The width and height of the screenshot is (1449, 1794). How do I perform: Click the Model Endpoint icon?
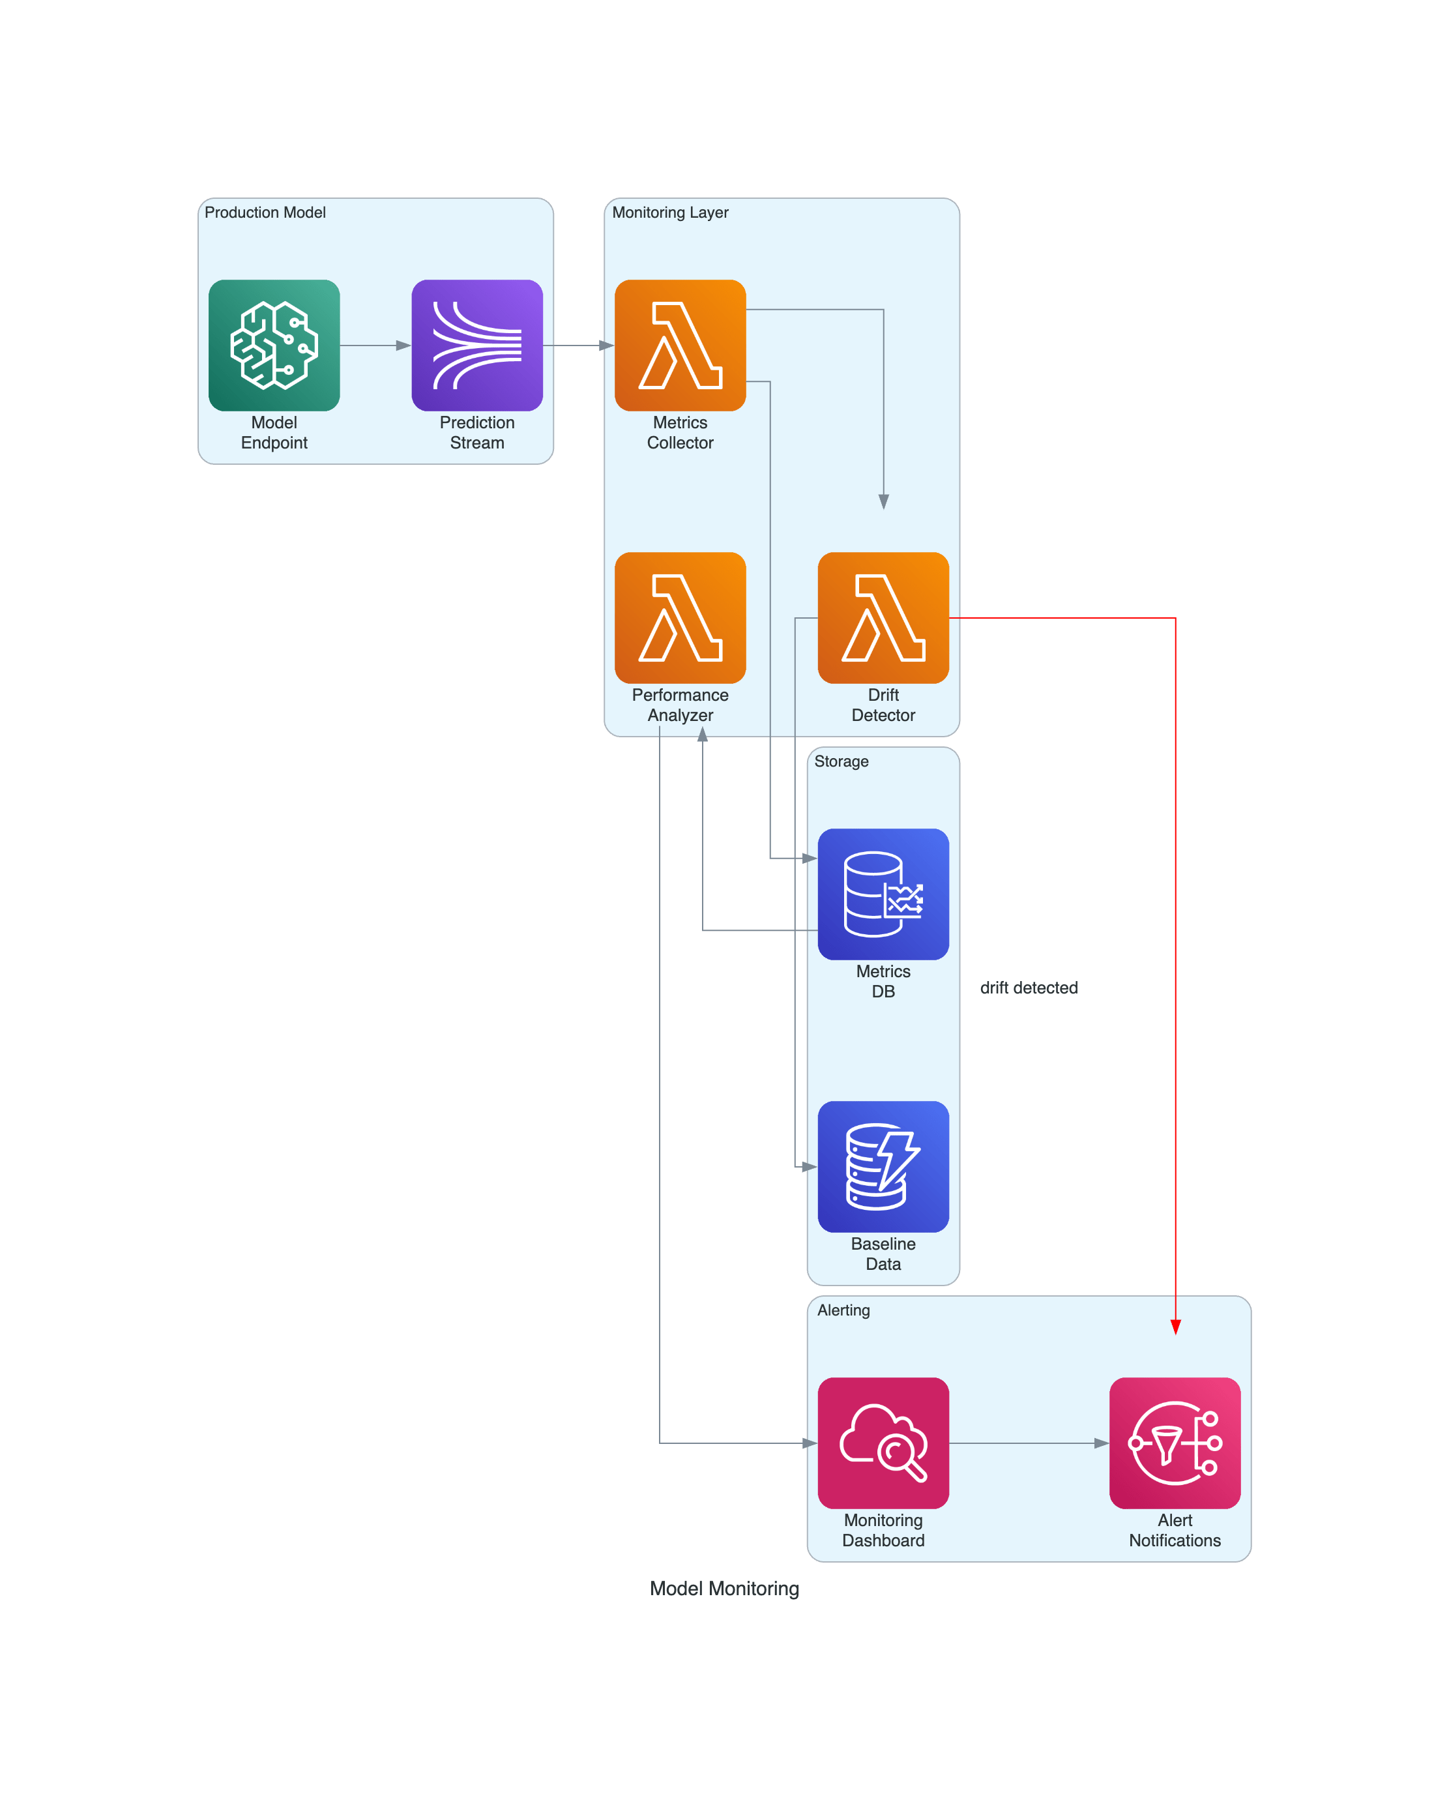click(x=274, y=345)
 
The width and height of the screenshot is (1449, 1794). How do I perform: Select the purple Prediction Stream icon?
click(x=476, y=345)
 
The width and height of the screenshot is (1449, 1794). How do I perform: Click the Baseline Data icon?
click(x=883, y=1166)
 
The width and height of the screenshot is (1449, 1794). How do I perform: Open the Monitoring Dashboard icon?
click(x=883, y=1442)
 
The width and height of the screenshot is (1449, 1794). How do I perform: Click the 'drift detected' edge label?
click(x=1029, y=988)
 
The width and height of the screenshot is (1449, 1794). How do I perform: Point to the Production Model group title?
click(x=265, y=212)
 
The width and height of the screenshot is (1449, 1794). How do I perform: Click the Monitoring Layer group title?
click(x=669, y=212)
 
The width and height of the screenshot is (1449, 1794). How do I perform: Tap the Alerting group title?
click(x=843, y=1310)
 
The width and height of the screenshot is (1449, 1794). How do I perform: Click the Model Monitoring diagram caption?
click(x=724, y=1588)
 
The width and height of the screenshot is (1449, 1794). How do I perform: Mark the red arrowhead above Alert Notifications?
click(x=1175, y=1327)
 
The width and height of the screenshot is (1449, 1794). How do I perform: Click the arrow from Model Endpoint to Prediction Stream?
click(x=375, y=345)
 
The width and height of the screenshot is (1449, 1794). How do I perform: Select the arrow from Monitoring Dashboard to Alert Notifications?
click(x=1029, y=1442)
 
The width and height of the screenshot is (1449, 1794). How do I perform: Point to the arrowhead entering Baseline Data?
click(x=809, y=1166)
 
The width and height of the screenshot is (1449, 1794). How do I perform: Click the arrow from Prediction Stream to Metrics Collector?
click(x=578, y=345)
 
